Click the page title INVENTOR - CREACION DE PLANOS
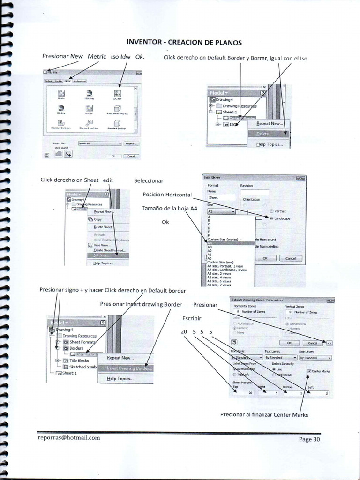(x=184, y=42)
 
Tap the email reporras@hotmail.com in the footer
(x=69, y=438)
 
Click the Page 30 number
(x=309, y=439)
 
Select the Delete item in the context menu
(x=263, y=134)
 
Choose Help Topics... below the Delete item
(x=269, y=144)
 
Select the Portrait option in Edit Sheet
(x=280, y=211)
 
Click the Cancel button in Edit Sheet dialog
(x=291, y=258)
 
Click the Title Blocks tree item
(x=79, y=360)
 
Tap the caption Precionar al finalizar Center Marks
(x=264, y=414)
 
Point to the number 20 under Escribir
(x=183, y=332)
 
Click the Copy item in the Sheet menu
(x=97, y=219)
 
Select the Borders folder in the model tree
(x=76, y=348)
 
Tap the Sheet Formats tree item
(x=82, y=342)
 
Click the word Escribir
(x=192, y=319)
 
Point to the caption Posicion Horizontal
(x=167, y=195)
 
